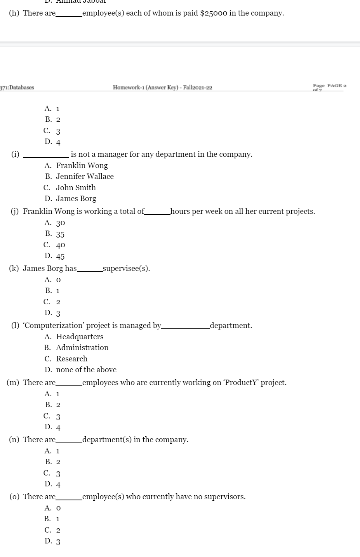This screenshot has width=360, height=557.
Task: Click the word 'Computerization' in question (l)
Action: click(x=54, y=326)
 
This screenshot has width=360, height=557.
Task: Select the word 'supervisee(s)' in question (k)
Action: click(x=126, y=269)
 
